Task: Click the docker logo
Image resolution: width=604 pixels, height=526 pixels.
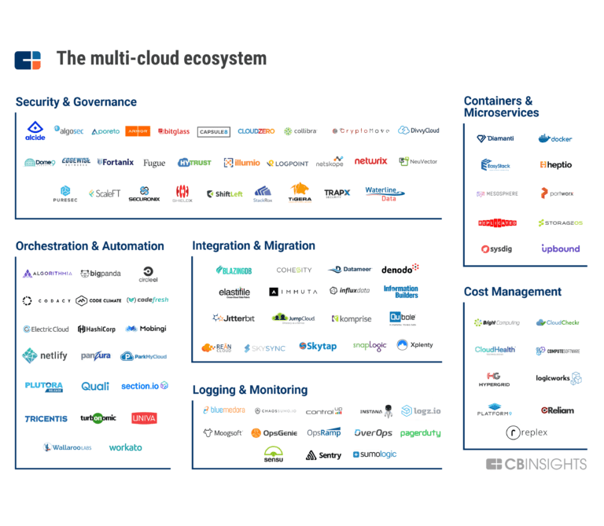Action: pyautogui.click(x=555, y=139)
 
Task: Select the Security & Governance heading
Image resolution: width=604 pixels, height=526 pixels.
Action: pyautogui.click(x=76, y=102)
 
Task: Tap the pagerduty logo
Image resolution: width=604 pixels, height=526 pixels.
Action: pyautogui.click(x=420, y=433)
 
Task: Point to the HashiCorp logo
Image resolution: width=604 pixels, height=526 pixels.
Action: pyautogui.click(x=97, y=329)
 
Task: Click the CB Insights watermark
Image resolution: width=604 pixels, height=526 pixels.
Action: pyautogui.click(x=536, y=464)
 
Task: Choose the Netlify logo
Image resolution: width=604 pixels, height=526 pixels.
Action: pyautogui.click(x=45, y=355)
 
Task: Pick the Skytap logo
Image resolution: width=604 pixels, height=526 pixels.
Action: pyautogui.click(x=318, y=346)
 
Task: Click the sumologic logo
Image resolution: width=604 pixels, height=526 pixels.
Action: pyautogui.click(x=375, y=454)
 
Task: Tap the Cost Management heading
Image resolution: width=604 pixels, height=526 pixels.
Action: pyautogui.click(x=512, y=292)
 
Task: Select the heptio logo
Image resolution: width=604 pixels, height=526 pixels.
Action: pyautogui.click(x=555, y=165)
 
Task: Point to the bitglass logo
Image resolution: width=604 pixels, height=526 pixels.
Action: pyautogui.click(x=174, y=131)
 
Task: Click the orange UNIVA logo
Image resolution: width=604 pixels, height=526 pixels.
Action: pyautogui.click(x=144, y=418)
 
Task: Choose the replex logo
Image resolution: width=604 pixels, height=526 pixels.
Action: pyautogui.click(x=526, y=432)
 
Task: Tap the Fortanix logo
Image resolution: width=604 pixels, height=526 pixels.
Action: pyautogui.click(x=116, y=162)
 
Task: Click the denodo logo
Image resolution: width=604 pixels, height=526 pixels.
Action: pyautogui.click(x=400, y=269)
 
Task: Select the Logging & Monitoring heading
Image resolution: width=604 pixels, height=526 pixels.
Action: pyautogui.click(x=249, y=390)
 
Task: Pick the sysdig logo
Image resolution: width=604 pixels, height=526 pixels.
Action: pyautogui.click(x=496, y=249)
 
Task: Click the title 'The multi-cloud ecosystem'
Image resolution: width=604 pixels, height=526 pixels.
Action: pyautogui.click(x=161, y=59)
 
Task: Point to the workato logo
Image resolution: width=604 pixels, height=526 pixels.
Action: pyautogui.click(x=125, y=447)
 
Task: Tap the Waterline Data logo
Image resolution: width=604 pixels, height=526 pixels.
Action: pyautogui.click(x=382, y=194)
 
